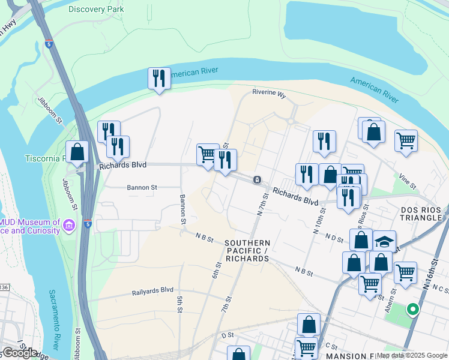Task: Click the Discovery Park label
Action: (x=96, y=9)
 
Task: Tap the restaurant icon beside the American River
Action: (x=159, y=79)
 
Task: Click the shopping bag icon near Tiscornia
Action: (x=77, y=152)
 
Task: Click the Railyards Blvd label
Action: (x=152, y=292)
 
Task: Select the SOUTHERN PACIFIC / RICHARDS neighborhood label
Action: (x=247, y=251)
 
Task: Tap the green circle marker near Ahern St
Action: (x=412, y=310)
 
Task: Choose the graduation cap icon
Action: (x=384, y=241)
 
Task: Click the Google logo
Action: (x=20, y=353)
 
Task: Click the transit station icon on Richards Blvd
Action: (x=257, y=179)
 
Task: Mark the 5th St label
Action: (x=179, y=304)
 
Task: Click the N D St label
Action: (x=334, y=239)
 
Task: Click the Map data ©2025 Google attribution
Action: (x=412, y=355)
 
